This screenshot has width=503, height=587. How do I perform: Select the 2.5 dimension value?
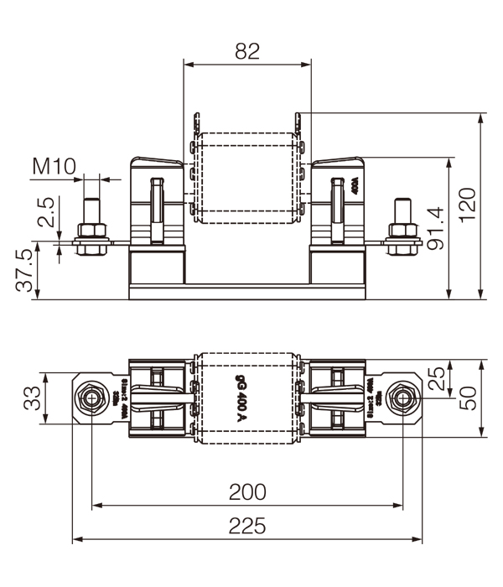(46, 213)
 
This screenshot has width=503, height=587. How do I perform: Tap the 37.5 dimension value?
(26, 270)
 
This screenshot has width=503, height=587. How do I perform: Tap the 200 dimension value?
(247, 491)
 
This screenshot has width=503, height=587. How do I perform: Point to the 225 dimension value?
(247, 526)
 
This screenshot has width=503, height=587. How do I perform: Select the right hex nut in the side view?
(402, 231)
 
